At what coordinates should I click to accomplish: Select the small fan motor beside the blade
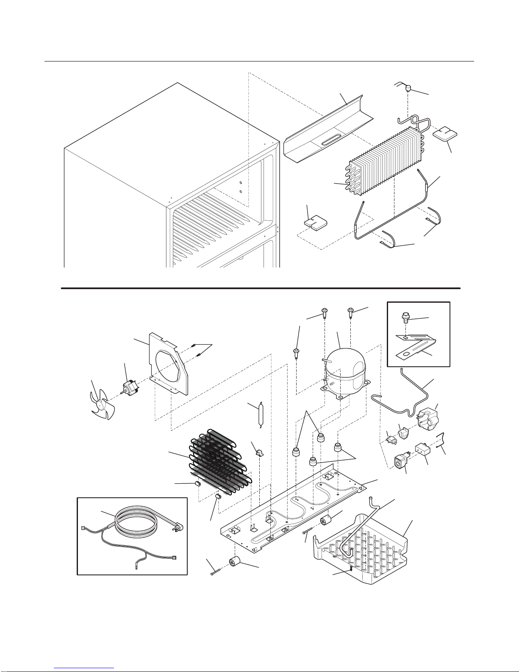128,387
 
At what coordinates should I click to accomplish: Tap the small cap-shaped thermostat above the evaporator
409,89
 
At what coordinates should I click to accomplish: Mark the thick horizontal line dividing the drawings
261,288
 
